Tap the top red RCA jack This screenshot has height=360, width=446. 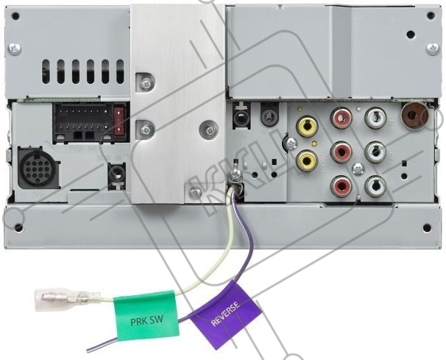click(341, 117)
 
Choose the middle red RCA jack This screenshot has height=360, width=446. click(341, 152)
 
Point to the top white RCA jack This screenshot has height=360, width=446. click(375, 117)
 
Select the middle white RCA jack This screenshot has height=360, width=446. click(375, 152)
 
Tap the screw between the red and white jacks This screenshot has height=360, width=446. click(358, 168)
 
